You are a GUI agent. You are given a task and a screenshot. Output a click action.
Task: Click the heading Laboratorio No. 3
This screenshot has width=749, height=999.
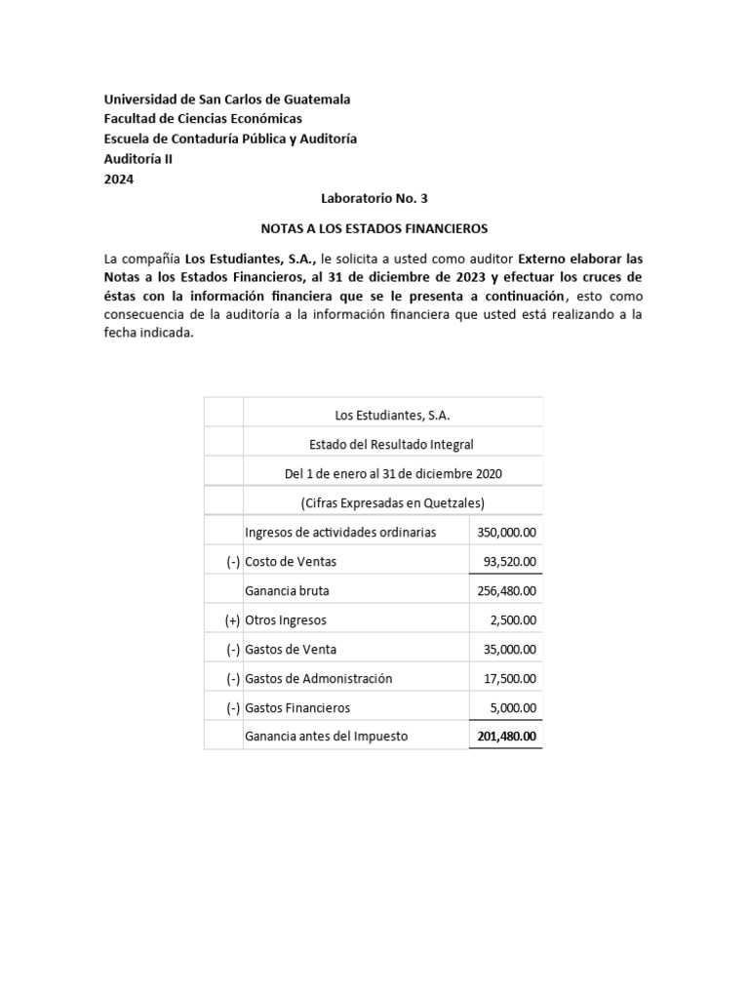pyautogui.click(x=374, y=198)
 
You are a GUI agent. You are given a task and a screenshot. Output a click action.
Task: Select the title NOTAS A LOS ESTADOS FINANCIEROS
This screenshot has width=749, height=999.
pyautogui.click(x=374, y=228)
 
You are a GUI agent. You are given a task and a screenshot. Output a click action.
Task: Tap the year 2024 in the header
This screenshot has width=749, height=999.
pyautogui.click(x=119, y=179)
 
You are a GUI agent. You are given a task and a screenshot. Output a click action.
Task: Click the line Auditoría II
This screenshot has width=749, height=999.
pyautogui.click(x=139, y=159)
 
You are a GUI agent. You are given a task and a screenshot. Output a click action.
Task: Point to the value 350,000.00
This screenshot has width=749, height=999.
pyautogui.click(x=507, y=532)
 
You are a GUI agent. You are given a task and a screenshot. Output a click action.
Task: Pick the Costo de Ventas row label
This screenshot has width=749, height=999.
pyautogui.click(x=291, y=561)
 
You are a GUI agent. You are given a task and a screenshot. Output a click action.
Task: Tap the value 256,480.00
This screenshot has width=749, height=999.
pyautogui.click(x=507, y=590)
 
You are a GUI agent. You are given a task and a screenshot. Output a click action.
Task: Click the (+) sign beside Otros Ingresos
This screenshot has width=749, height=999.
pyautogui.click(x=232, y=619)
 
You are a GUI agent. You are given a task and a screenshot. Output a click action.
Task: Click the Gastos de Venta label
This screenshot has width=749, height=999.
pyautogui.click(x=292, y=649)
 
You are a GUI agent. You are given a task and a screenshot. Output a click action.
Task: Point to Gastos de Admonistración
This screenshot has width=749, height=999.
pyautogui.click(x=318, y=678)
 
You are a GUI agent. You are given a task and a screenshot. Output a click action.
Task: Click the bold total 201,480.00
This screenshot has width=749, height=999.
pyautogui.click(x=507, y=737)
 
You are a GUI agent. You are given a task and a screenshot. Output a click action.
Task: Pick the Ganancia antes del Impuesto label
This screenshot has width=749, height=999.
pyautogui.click(x=326, y=737)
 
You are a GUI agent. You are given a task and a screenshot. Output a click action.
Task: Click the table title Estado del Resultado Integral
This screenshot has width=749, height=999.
pyautogui.click(x=391, y=444)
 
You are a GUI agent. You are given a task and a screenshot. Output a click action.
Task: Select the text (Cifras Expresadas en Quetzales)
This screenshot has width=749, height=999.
pyautogui.click(x=392, y=502)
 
